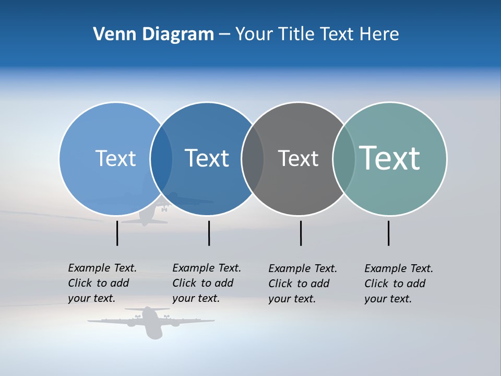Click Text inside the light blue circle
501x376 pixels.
coord(115,158)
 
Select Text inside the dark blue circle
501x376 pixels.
coord(207,158)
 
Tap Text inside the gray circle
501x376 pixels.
coord(298,158)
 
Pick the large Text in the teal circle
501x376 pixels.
coord(390,158)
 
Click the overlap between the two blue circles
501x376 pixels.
coord(161,158)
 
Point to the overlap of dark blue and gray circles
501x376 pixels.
coord(253,158)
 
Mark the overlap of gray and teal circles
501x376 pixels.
coord(343,158)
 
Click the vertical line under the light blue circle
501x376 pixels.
coord(117,233)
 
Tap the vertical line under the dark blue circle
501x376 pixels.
coord(209,233)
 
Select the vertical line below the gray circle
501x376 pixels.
coord(301,233)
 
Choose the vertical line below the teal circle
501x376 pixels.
coord(388,233)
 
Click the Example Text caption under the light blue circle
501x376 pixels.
coord(102,283)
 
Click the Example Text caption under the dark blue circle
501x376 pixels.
coord(206,283)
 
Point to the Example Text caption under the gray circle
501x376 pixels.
coord(302,284)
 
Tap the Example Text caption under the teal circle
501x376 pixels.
coord(398,284)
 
